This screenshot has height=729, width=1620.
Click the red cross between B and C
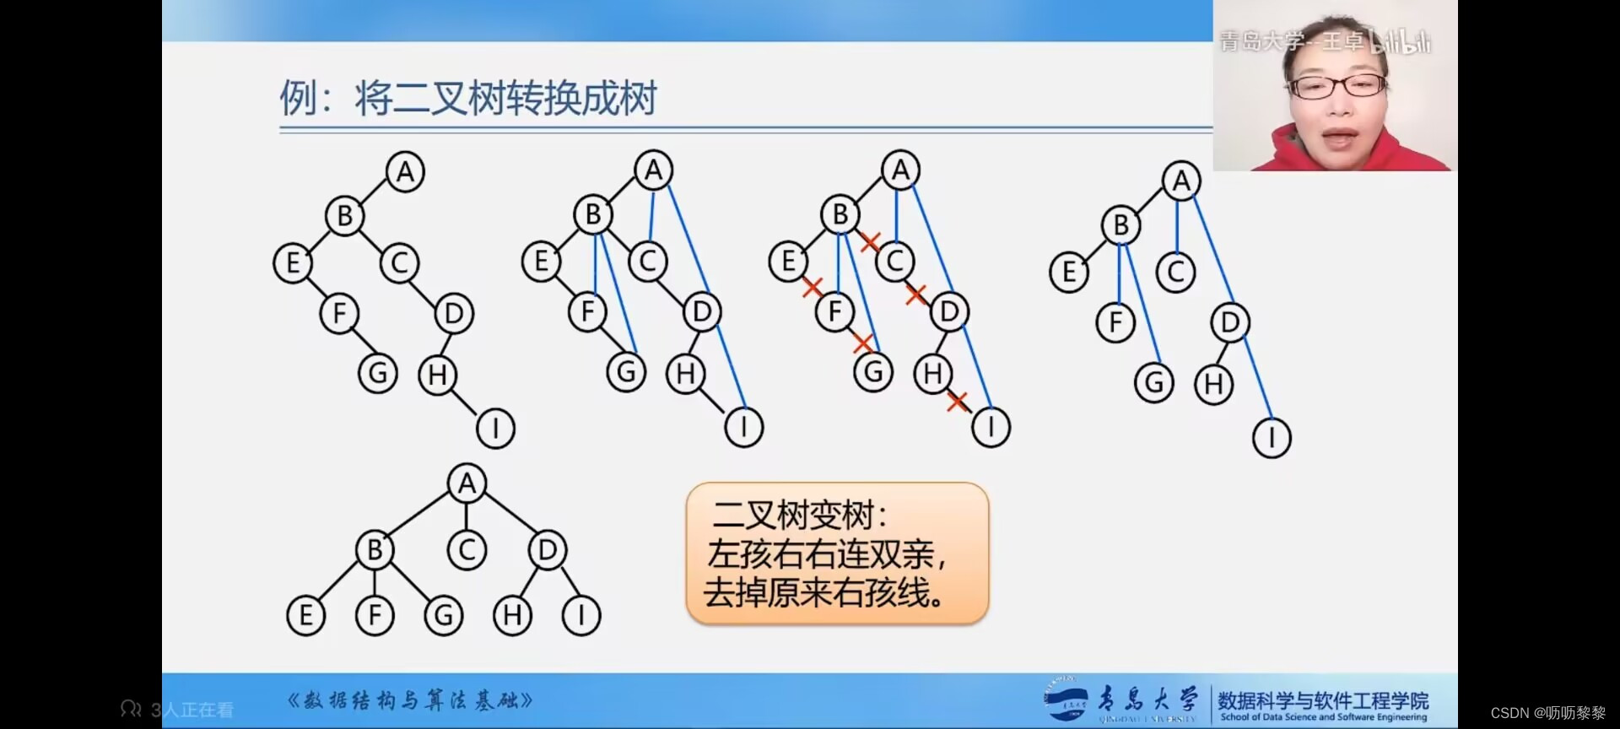tap(870, 242)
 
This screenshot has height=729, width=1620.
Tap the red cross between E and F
tap(812, 287)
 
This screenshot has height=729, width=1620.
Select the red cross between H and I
tap(956, 402)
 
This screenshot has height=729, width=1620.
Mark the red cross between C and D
tap(916, 294)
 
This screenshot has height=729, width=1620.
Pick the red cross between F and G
tap(861, 343)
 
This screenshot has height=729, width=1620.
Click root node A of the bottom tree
tap(467, 483)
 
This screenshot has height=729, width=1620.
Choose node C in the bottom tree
tap(467, 550)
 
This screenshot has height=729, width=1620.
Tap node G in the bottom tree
tap(444, 615)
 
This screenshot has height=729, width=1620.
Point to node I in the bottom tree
tap(581, 615)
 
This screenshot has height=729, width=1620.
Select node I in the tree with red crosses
tap(991, 427)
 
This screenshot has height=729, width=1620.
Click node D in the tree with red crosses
tap(949, 312)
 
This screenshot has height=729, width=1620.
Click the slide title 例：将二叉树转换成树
tap(468, 99)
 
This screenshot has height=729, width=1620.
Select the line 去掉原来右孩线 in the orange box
tap(823, 592)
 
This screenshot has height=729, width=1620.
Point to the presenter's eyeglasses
tap(1339, 85)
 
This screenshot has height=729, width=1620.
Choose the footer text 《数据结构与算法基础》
tap(411, 700)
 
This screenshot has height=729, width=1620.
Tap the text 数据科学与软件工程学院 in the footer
tap(1323, 699)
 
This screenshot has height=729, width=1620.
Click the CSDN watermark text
tap(1547, 713)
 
